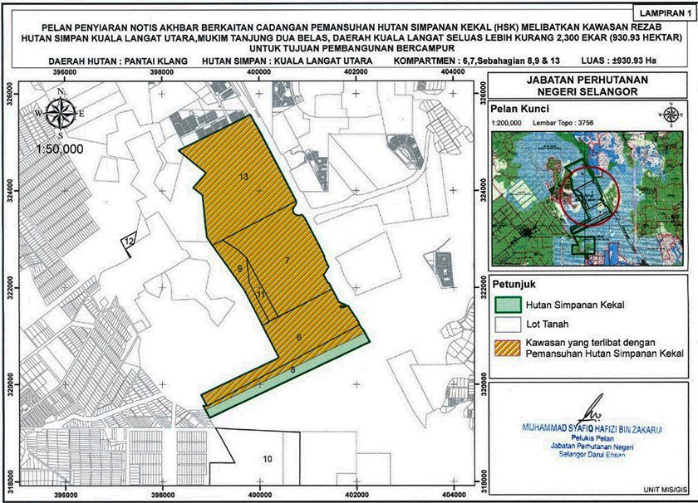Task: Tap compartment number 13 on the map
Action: (243, 177)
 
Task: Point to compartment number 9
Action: (239, 269)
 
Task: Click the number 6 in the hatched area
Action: (297, 337)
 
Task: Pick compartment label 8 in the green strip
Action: (292, 369)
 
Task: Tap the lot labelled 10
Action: (268, 459)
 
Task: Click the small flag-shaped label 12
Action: (129, 240)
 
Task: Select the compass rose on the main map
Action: (61, 115)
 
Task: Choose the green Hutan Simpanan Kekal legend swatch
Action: (505, 304)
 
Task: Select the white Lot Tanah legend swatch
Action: (505, 325)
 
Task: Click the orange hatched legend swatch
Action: (505, 347)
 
